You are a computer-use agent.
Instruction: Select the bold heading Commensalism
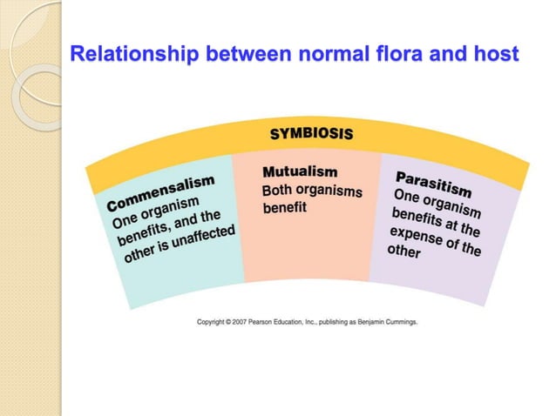160,192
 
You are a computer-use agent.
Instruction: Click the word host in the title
496,55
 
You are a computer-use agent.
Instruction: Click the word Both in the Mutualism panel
278,190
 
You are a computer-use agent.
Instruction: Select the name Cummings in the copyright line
400,321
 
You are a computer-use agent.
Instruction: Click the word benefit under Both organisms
284,209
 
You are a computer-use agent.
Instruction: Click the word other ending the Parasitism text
403,252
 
